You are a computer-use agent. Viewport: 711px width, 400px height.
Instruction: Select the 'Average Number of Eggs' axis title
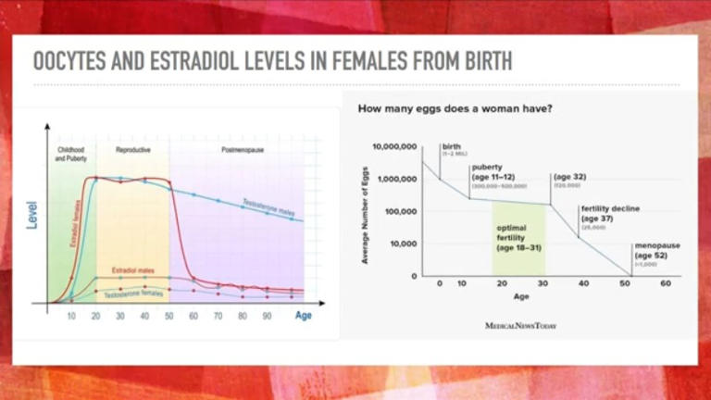[365, 211]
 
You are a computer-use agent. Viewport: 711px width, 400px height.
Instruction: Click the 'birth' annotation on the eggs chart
[452, 146]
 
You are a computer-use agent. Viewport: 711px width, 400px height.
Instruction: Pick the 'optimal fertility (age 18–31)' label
[518, 238]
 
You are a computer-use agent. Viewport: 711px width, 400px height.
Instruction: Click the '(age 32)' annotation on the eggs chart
[569, 176]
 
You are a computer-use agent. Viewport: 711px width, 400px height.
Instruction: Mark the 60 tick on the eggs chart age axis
[665, 283]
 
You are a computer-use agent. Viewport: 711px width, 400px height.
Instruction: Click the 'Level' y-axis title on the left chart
[31, 216]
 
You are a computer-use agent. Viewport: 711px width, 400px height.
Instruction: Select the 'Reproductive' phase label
[133, 149]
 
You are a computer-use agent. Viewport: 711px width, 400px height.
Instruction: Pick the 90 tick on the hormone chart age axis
[267, 316]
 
